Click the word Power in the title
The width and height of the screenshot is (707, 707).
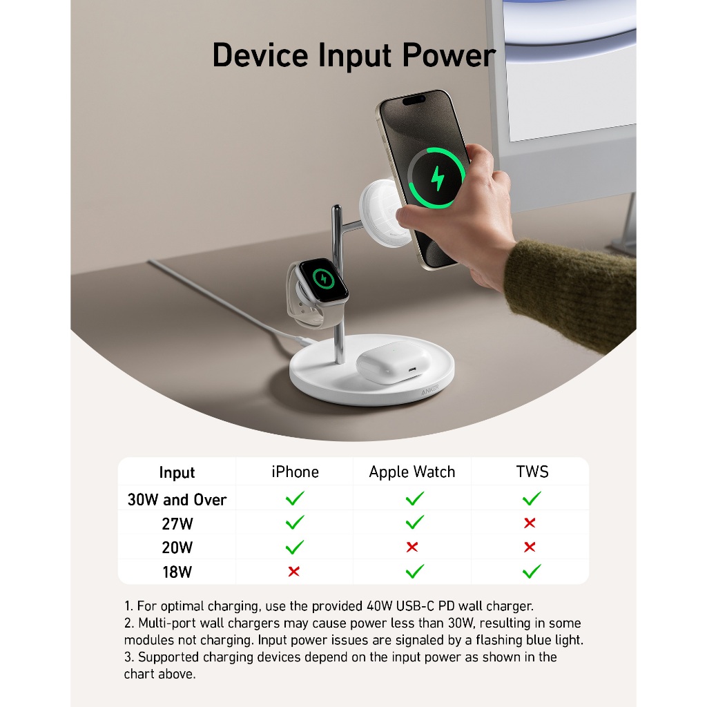tap(449, 55)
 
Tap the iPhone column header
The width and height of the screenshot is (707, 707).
tap(296, 472)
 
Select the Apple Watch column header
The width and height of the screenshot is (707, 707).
tap(412, 472)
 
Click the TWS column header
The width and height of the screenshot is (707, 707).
tap(532, 472)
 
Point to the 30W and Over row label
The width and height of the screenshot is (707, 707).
tap(177, 500)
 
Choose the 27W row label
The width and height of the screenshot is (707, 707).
tap(177, 524)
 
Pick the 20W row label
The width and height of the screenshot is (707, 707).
tap(177, 548)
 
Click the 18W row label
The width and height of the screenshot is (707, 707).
tap(177, 572)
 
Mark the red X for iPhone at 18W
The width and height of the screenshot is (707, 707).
tap(294, 571)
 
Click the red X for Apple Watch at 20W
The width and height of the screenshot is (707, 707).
tap(412, 547)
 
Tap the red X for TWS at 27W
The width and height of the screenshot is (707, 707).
tap(530, 523)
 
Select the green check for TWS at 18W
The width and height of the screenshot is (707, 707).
tap(532, 571)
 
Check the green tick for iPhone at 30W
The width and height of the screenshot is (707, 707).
tap(295, 498)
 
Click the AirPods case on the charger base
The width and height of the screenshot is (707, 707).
tap(393, 362)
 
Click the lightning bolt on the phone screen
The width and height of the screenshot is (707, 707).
tap(437, 179)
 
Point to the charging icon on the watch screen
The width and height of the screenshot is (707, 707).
tap(323, 279)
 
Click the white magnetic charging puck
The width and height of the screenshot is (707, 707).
tap(383, 213)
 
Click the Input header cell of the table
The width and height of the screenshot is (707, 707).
tap(177, 472)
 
